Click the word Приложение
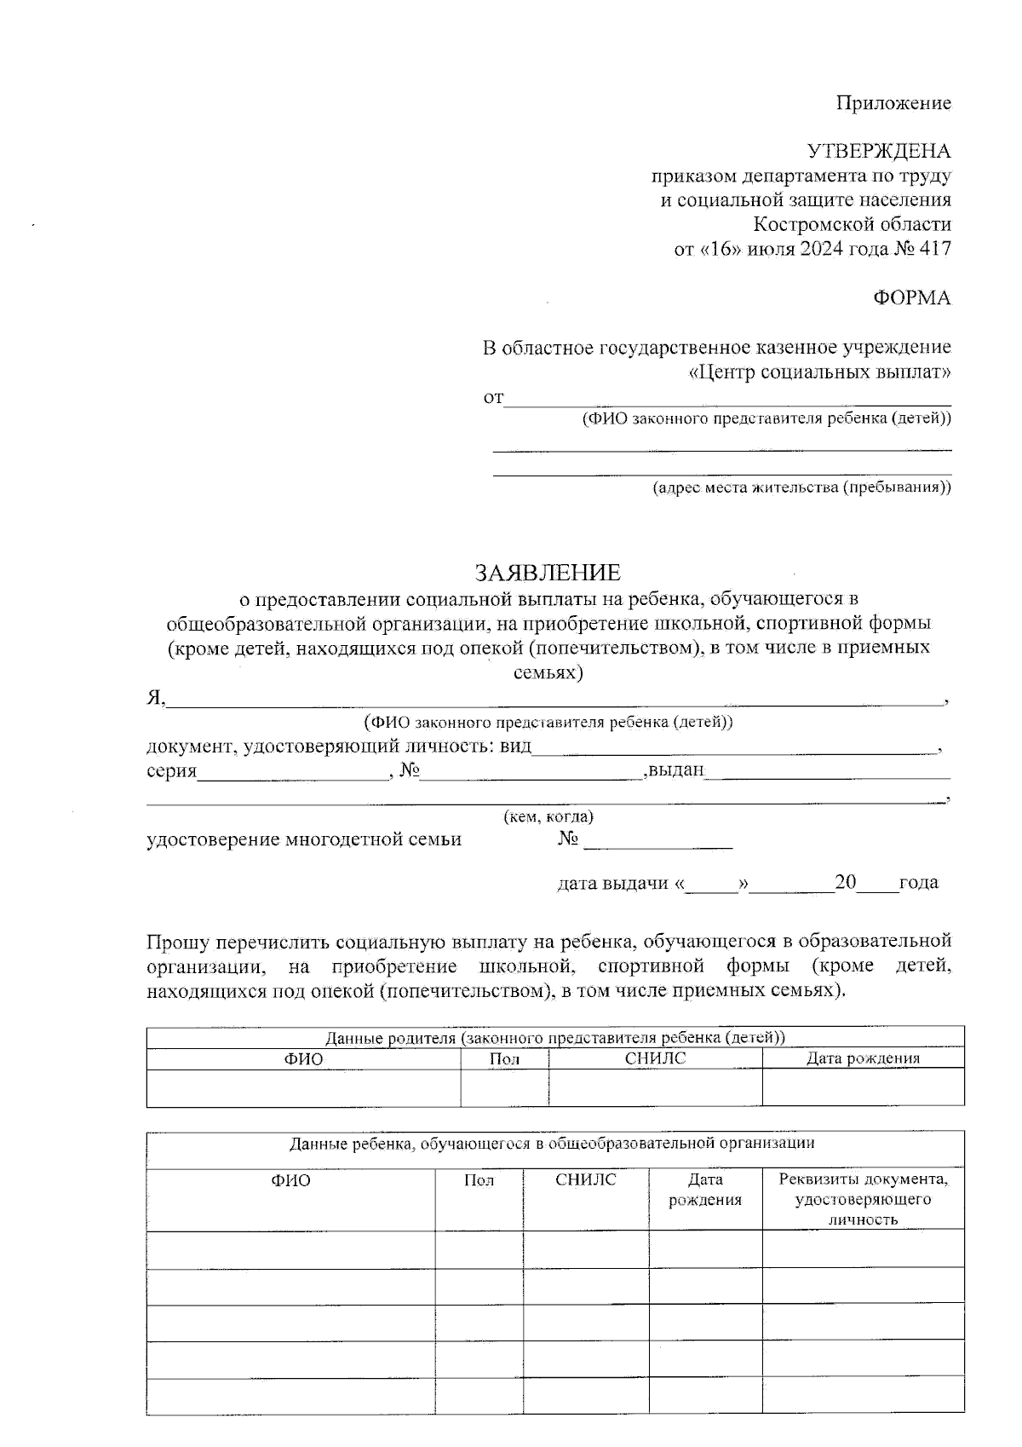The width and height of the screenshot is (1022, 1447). (x=893, y=103)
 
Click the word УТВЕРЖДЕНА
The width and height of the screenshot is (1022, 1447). (x=879, y=152)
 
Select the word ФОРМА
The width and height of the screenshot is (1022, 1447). (x=911, y=298)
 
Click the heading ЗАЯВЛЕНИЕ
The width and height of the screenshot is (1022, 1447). (x=548, y=572)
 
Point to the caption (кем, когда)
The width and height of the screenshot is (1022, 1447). (x=548, y=816)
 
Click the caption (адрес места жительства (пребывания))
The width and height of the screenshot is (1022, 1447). (x=801, y=488)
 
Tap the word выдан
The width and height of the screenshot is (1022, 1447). (x=676, y=770)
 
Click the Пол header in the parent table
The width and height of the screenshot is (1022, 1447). (x=504, y=1059)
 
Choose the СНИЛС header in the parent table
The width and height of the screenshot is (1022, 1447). (x=654, y=1058)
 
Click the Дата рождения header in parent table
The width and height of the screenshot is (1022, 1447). (x=863, y=1058)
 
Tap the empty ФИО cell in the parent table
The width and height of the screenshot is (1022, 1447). (x=303, y=1088)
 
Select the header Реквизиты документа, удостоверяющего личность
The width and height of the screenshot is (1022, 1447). (x=863, y=1199)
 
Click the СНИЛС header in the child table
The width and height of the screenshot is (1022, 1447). (x=585, y=1180)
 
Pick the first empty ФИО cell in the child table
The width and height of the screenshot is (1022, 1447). (x=290, y=1250)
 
